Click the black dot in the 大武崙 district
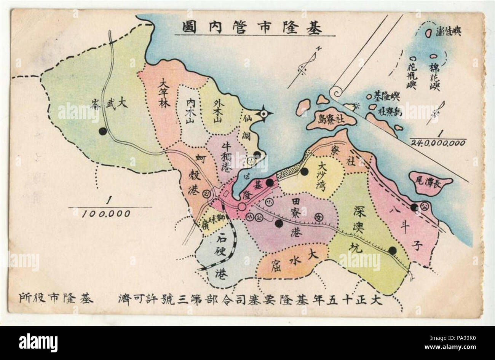[102, 131]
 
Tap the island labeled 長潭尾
[430, 184]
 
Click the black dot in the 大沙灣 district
[304, 172]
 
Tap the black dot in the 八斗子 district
[414, 207]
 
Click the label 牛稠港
[225, 156]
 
